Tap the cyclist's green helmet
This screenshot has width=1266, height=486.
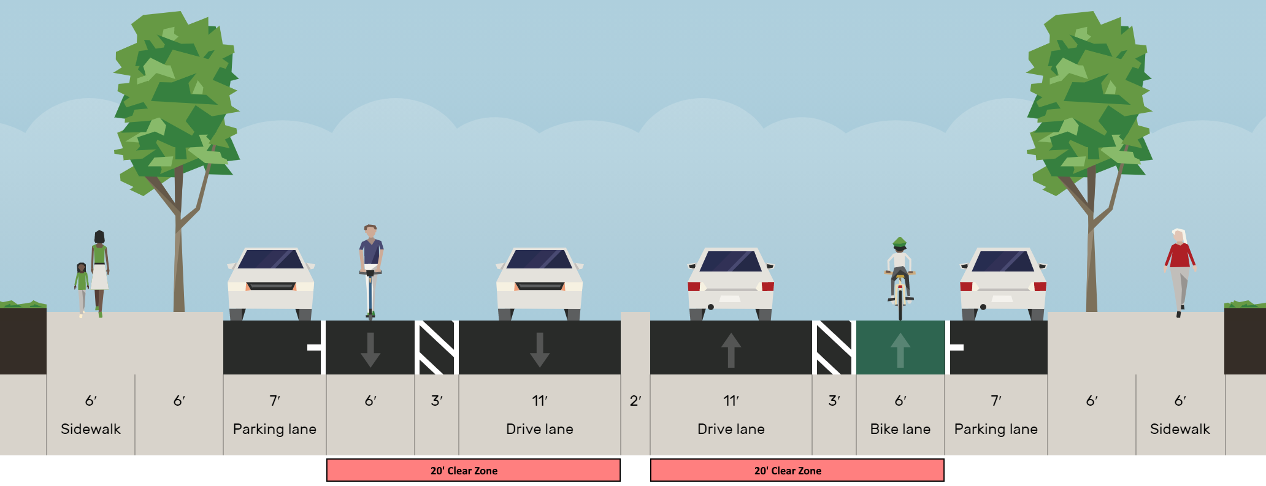tap(900, 242)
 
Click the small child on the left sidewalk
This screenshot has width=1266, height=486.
tap(82, 287)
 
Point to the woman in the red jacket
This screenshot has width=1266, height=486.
tap(1180, 270)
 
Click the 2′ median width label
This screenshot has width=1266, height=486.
tap(635, 401)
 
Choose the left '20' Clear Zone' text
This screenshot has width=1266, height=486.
tap(464, 471)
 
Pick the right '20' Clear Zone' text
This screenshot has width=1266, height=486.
tap(788, 471)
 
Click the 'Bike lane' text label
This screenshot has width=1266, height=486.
tap(900, 429)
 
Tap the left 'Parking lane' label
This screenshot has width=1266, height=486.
tap(274, 429)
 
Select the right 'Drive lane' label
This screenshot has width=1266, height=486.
tap(731, 429)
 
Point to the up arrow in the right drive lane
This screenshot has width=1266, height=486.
tap(731, 349)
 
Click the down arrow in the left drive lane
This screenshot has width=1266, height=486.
tap(539, 349)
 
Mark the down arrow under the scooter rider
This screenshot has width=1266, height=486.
tap(370, 349)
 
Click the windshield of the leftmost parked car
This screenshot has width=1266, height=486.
tap(270, 260)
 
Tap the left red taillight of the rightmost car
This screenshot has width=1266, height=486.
tap(966, 286)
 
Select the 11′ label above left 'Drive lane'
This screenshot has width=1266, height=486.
tap(539, 401)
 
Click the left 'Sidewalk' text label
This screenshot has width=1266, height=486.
tap(91, 429)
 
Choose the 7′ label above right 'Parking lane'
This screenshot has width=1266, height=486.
tap(996, 401)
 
